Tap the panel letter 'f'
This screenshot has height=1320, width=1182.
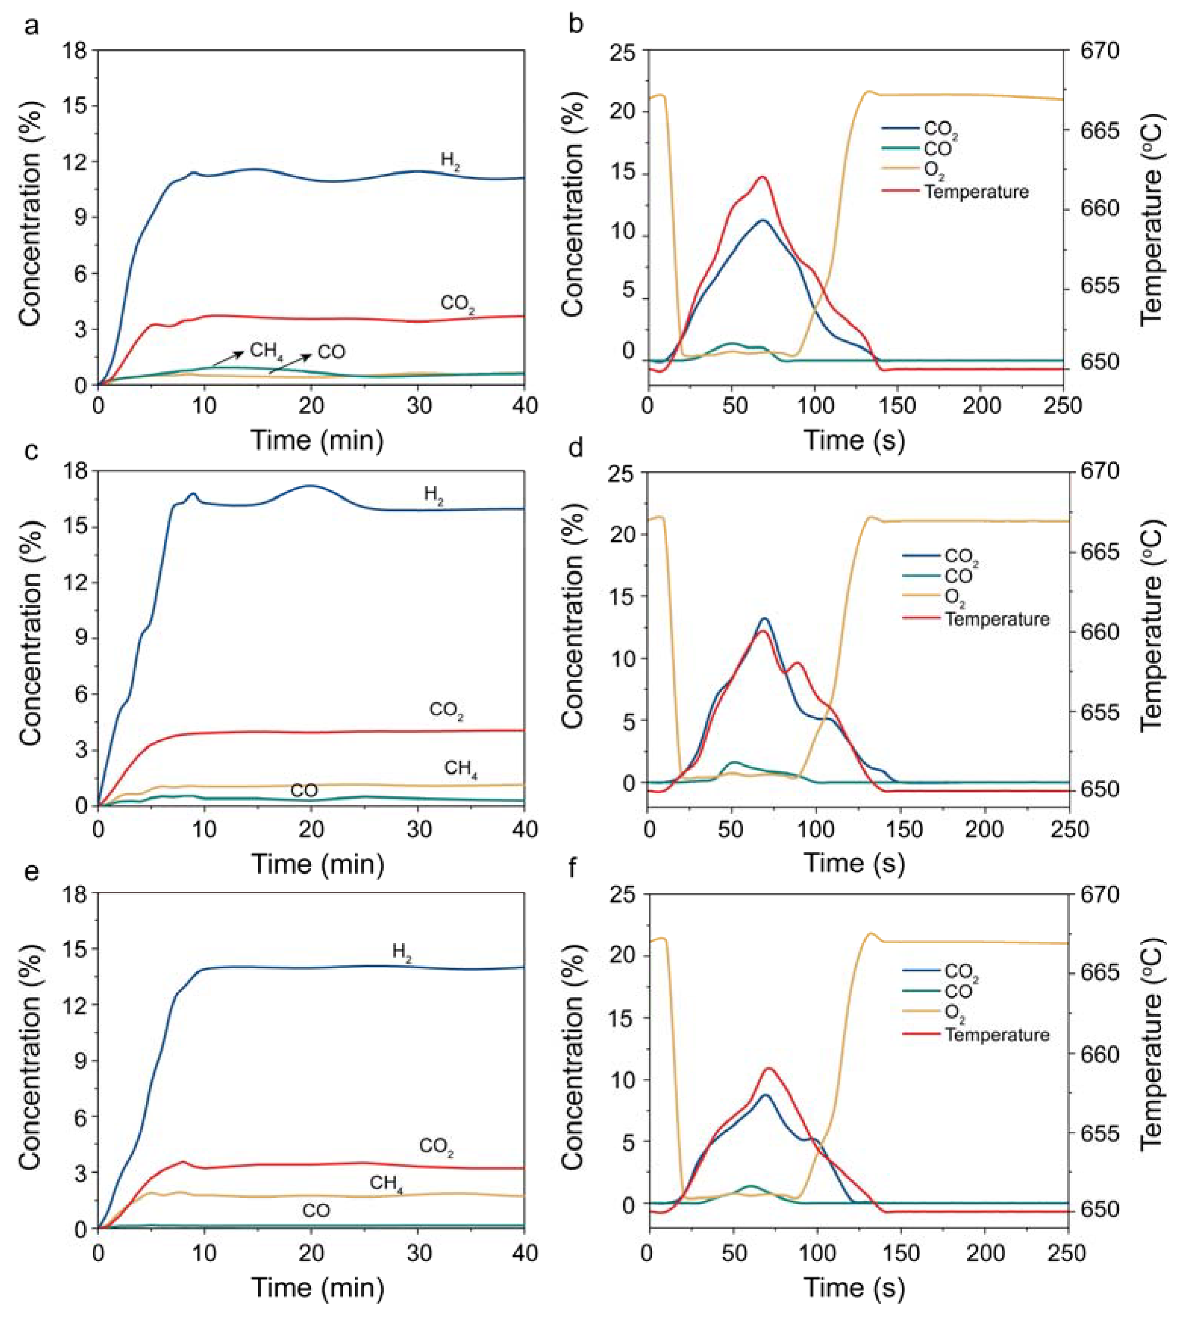coord(573,869)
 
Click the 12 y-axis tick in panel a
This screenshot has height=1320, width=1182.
coord(75,162)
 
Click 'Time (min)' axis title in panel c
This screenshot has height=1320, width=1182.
coord(318,864)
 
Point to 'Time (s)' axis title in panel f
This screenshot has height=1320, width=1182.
coord(855,1287)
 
